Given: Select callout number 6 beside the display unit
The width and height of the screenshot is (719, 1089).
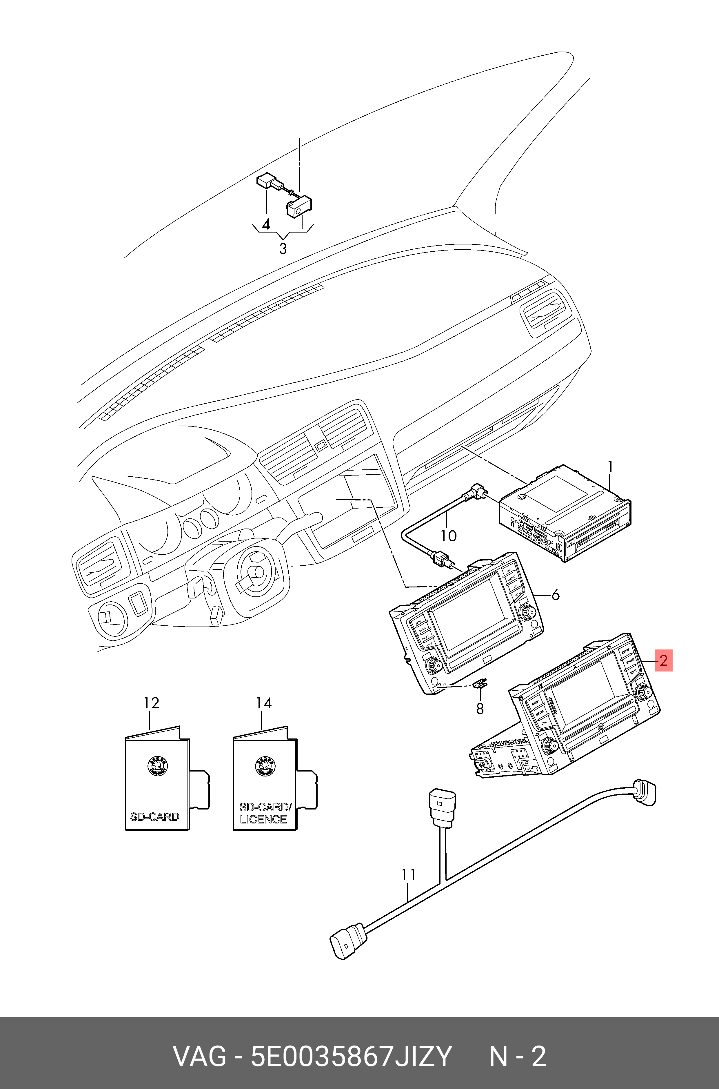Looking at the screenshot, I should pos(555,595).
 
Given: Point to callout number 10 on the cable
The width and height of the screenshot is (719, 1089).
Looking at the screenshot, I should pos(449,535).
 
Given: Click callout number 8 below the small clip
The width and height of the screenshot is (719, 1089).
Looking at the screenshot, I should pos(480,709).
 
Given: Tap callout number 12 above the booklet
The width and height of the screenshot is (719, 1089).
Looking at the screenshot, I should pos(151,703).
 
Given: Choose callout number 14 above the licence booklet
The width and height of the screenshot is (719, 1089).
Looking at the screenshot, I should pos(264,703).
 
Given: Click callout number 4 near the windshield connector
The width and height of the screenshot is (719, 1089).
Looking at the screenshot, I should pos(265,224).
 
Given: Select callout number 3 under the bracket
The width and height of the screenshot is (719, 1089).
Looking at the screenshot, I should pos(283,249).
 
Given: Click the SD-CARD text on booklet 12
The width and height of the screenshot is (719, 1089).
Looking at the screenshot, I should pos(154,816).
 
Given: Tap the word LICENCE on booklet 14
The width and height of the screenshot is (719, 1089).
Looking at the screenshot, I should pos(263,819).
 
